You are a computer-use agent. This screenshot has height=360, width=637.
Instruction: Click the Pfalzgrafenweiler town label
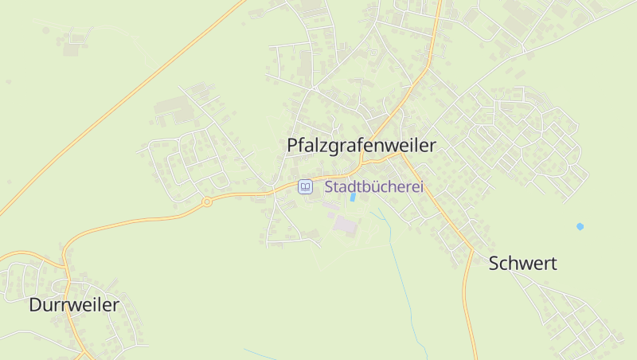(361, 146)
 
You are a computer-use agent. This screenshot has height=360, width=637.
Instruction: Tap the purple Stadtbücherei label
(373, 187)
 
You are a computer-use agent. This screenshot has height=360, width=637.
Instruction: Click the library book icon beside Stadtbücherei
(305, 187)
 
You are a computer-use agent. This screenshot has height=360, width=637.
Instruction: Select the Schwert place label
(522, 264)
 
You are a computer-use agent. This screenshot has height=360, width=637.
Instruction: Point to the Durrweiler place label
(74, 304)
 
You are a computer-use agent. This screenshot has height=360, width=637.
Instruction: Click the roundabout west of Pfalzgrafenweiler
(207, 202)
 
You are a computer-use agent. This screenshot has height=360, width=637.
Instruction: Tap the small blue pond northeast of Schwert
(580, 226)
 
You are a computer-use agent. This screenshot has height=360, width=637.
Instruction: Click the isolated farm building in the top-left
(72, 49)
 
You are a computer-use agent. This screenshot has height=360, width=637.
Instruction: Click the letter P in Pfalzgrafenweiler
(292, 146)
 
